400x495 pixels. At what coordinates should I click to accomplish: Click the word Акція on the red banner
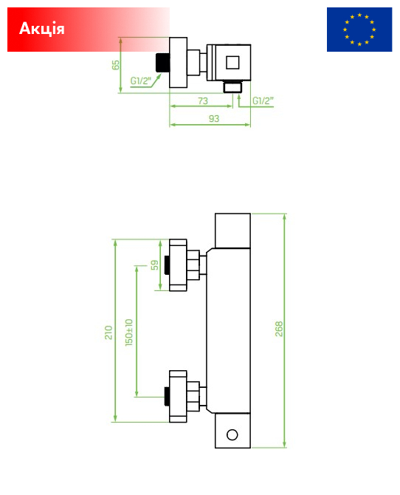coord(42,29)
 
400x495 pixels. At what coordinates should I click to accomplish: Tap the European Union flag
coord(359,30)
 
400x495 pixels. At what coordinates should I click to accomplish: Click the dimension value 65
coord(116,65)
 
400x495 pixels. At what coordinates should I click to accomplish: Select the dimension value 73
coord(203,100)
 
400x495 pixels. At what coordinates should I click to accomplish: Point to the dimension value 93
coord(214,119)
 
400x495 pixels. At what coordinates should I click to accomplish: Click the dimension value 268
coord(279,329)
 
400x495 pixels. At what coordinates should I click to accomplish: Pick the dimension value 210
coord(108,332)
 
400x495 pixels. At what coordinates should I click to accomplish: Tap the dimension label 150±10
coord(129,332)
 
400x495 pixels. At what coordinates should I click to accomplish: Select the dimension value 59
coord(154,265)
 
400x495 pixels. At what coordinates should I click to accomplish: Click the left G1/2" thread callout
coord(141,81)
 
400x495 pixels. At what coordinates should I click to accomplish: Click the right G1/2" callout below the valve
coord(263,100)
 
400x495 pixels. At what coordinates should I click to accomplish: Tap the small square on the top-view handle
coord(232,62)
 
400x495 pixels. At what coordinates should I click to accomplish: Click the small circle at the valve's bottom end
coord(232,434)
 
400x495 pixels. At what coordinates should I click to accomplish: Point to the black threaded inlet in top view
coord(163,63)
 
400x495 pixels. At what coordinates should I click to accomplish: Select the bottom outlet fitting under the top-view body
coord(232,87)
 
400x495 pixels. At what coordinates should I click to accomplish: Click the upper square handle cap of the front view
coord(232,231)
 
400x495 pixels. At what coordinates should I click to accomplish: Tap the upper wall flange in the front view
coord(179,265)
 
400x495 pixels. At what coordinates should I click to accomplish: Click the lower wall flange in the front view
coord(179,397)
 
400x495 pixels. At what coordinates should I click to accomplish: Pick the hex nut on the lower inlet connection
coord(193,397)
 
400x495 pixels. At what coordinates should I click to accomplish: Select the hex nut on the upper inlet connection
coord(193,265)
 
